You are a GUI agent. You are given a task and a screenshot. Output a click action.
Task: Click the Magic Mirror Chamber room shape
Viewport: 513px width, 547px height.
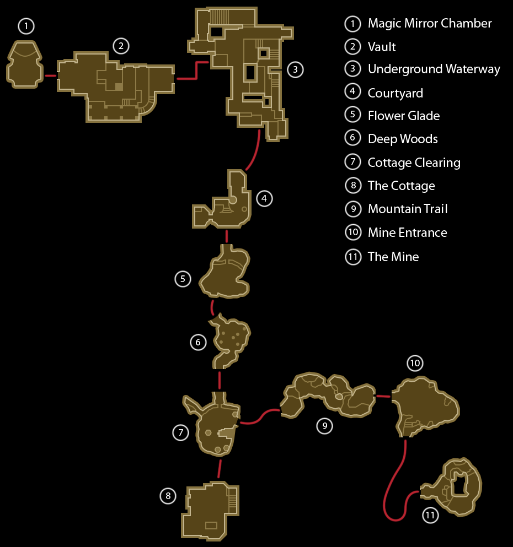click(25, 64)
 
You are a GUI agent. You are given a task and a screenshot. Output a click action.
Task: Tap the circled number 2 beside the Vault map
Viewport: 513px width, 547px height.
click(121, 46)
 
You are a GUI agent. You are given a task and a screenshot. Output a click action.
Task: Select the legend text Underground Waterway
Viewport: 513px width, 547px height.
click(434, 69)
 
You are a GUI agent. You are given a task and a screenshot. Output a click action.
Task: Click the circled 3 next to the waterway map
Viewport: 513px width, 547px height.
click(295, 69)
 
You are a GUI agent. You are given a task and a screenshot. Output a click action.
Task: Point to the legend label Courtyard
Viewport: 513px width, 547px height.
click(396, 93)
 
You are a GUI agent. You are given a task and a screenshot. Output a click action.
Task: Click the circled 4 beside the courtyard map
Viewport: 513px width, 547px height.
click(264, 198)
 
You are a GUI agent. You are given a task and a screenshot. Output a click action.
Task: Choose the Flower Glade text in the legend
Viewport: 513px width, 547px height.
click(404, 116)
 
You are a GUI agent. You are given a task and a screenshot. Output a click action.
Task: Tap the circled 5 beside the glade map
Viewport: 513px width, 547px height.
click(183, 279)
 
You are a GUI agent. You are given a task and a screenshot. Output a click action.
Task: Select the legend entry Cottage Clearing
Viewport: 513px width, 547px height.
click(414, 163)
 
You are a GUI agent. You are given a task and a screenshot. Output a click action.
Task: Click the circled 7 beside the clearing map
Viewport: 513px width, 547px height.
click(181, 433)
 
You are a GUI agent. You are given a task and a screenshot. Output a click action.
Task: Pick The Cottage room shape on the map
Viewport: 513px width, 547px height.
click(210, 511)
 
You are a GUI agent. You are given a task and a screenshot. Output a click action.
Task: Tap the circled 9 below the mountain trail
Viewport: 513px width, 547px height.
click(325, 426)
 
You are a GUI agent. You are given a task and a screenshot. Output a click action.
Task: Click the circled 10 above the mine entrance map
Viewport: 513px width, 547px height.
click(415, 363)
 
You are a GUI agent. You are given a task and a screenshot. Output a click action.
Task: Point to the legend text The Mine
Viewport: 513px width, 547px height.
click(393, 257)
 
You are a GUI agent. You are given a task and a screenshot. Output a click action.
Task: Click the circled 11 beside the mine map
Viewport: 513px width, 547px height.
click(430, 515)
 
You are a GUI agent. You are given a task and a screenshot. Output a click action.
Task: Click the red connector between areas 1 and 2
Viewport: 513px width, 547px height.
click(51, 75)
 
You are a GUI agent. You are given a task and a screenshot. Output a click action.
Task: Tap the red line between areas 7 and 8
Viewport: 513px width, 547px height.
click(220, 469)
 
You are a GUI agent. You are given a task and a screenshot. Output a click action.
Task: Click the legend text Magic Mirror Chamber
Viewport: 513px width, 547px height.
click(430, 23)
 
